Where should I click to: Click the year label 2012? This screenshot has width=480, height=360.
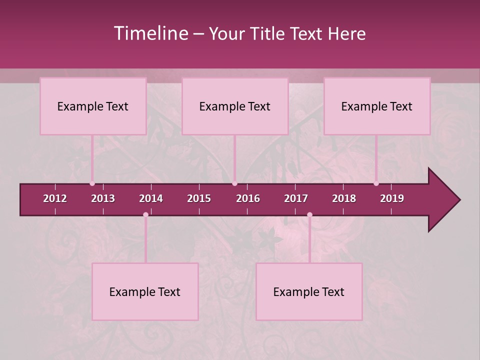point(55,198)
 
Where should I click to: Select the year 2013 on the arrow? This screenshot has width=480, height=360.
point(103,198)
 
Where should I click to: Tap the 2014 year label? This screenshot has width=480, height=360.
point(151,198)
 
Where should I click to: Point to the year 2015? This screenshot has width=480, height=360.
point(199,198)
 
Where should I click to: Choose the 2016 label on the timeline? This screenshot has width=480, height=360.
point(248,198)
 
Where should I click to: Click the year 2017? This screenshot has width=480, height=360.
point(296,198)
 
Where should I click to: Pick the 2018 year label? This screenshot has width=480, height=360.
point(344,198)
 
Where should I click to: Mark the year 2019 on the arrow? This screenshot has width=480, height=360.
point(392,198)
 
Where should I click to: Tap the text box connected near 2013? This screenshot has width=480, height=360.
point(93,106)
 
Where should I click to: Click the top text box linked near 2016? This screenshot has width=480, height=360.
point(235,106)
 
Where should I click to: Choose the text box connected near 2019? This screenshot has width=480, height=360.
point(377,106)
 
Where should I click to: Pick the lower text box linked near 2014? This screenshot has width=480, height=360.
point(145,291)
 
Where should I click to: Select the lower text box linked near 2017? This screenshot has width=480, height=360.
point(309,291)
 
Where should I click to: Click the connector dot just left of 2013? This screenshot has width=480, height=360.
point(92,183)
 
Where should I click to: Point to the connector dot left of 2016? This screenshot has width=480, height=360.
point(234,183)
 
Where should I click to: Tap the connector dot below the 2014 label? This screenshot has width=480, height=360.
point(145,214)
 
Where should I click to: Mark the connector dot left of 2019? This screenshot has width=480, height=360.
point(376,183)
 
